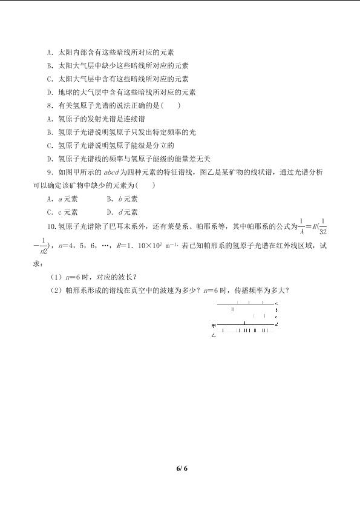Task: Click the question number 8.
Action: pos(49,105)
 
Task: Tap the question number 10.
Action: pos(51,226)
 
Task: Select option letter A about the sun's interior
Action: pos(49,53)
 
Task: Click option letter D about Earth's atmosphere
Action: pos(49,92)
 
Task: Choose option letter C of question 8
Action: pos(49,145)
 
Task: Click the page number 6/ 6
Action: pos(180,468)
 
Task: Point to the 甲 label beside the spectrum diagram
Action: pos(213,326)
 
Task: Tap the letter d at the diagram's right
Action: pos(277,325)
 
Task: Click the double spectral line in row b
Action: pos(233,309)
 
